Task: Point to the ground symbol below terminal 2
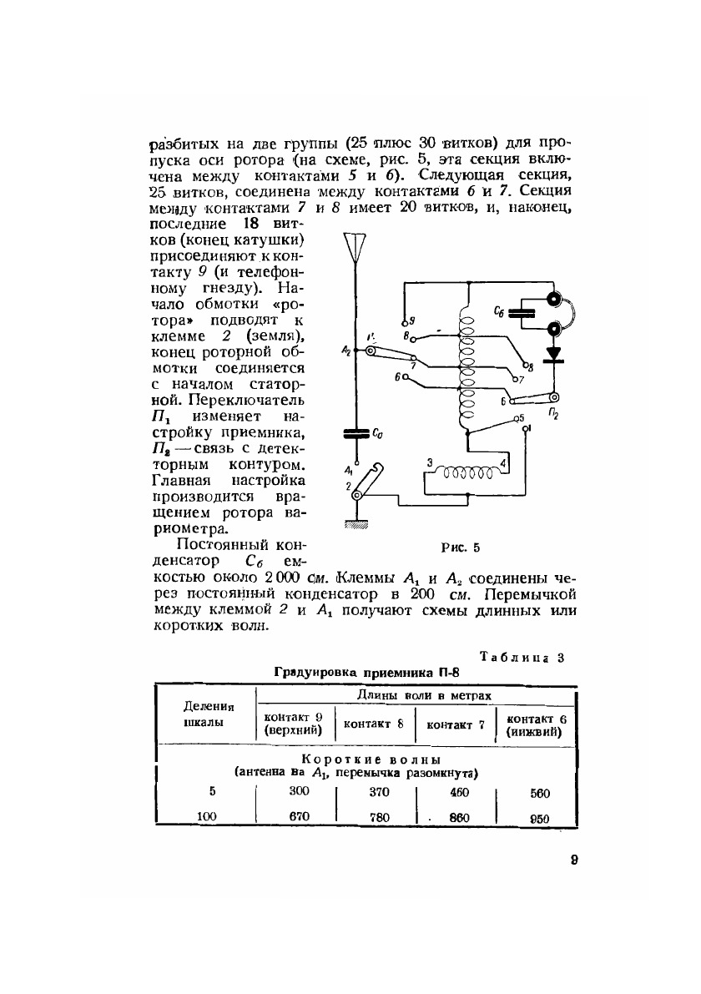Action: [356, 524]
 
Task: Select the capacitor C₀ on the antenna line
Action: [356, 433]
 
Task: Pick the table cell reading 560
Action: [539, 794]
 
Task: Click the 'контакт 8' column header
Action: [374, 724]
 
